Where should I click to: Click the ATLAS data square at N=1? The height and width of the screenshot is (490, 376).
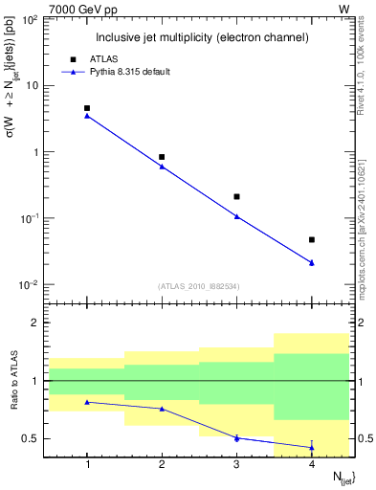[x=87, y=109]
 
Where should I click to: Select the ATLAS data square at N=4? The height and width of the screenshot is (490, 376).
[x=312, y=239]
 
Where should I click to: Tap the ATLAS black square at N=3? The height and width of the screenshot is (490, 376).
[x=236, y=196]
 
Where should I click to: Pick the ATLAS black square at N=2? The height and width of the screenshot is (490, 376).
[x=162, y=157]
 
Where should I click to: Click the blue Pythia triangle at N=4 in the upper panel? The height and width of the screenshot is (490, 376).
[x=312, y=262]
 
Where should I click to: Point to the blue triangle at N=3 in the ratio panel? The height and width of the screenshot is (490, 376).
[x=236, y=437]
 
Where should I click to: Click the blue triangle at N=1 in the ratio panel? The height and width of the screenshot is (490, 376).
[x=87, y=402]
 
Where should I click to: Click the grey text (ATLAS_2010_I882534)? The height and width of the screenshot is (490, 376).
[x=198, y=286]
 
